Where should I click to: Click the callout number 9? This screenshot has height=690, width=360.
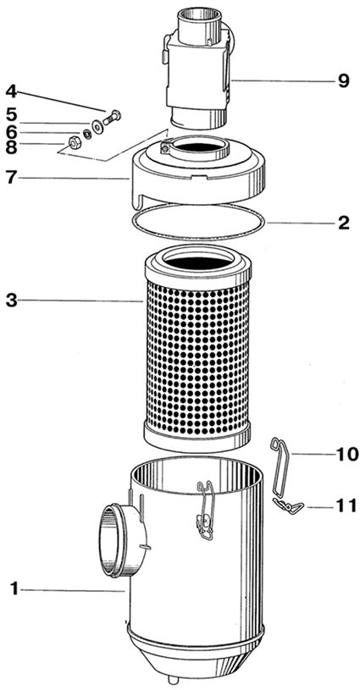(x=344, y=81)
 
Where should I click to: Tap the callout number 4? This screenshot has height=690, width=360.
(x=12, y=92)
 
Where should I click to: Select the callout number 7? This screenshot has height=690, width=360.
(x=12, y=178)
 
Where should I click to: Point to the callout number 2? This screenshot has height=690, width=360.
(x=344, y=224)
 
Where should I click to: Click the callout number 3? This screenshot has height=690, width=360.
(x=12, y=301)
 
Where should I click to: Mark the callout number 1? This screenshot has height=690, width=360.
(x=14, y=588)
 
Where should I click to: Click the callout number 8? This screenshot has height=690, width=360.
(x=12, y=147)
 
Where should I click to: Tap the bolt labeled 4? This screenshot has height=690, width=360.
(x=112, y=118)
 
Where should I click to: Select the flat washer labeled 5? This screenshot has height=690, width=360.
(x=97, y=126)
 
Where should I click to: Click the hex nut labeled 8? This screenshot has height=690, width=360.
(x=74, y=142)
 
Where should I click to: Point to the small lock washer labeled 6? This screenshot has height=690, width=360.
(x=87, y=134)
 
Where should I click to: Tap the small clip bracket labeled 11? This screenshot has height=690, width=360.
(x=288, y=507)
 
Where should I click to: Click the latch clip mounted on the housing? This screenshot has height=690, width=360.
(x=205, y=511)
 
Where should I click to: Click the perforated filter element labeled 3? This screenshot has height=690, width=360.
(x=198, y=348)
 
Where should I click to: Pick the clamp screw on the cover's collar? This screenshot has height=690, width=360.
(x=164, y=148)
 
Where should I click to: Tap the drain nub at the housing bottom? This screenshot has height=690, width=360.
(x=174, y=680)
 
